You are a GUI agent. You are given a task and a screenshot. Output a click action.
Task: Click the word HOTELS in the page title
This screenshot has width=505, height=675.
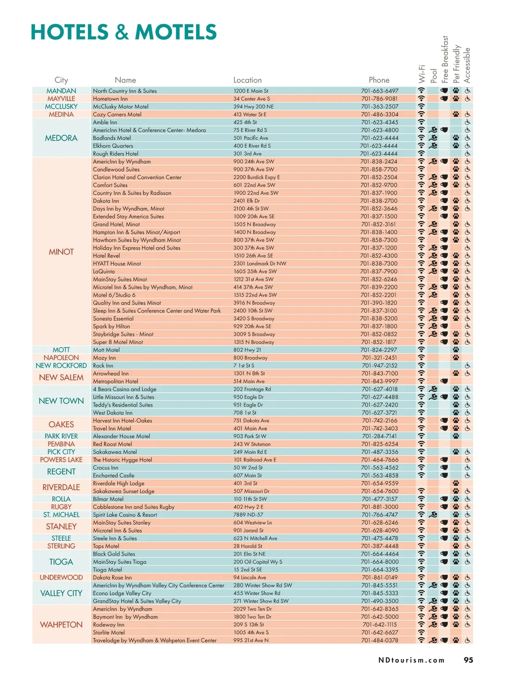tap(70, 32)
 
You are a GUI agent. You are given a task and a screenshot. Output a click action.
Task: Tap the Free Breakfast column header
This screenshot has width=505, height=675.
tap(445, 59)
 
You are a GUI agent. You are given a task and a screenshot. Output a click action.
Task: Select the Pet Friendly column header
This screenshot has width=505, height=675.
tap(456, 64)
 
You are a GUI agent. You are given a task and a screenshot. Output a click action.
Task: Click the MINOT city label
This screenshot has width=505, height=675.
tap(61, 252)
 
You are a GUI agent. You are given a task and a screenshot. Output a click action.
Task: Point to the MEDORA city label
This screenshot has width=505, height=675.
tap(61, 138)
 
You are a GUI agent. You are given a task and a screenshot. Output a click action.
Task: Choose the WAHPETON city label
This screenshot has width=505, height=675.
tap(61, 625)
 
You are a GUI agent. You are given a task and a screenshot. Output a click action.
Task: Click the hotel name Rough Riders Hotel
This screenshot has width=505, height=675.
tap(115, 154)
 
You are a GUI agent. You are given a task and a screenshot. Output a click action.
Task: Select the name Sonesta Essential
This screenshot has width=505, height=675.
tap(113, 319)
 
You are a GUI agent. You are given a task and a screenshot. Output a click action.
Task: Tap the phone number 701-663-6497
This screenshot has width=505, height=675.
tap(379, 91)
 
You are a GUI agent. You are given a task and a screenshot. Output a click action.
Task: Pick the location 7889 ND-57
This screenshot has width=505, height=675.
tap(248, 515)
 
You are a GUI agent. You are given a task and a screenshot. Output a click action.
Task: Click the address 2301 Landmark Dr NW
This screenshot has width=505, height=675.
tap(260, 263)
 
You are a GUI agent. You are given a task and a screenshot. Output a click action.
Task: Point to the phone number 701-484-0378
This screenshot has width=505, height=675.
tap(379, 640)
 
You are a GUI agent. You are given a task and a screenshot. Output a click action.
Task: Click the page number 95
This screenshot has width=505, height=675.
tap(468, 660)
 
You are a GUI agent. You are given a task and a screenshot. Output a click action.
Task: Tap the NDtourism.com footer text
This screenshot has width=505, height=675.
tap(411, 660)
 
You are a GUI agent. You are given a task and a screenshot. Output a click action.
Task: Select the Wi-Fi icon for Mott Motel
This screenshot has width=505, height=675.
tap(421, 350)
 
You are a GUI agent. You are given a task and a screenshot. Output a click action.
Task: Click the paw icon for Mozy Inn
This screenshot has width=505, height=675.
tap(456, 358)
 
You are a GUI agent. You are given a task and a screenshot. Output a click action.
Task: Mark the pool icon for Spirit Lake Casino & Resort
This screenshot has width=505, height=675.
tap(433, 515)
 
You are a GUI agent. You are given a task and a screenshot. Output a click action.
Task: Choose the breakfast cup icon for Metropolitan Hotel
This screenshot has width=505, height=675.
tap(444, 381)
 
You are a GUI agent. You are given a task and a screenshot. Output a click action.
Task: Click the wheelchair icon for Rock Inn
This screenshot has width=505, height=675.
tap(468, 366)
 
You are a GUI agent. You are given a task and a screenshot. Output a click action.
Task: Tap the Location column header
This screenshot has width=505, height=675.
tap(247, 80)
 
